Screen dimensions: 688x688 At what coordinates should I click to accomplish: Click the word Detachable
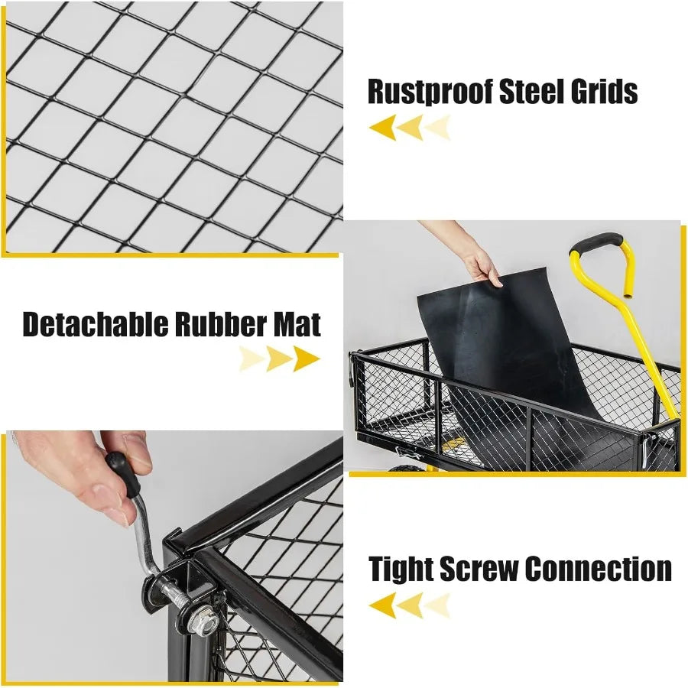pos(95,324)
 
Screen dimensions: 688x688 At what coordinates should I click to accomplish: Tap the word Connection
pos(598,569)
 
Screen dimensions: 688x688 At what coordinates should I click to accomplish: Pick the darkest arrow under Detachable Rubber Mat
pos(307,359)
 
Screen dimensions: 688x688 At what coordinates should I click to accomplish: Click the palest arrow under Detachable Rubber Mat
pos(251,359)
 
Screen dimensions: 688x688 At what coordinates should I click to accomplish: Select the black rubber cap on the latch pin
pos(122,474)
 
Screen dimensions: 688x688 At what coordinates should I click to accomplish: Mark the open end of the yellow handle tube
pos(629,296)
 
